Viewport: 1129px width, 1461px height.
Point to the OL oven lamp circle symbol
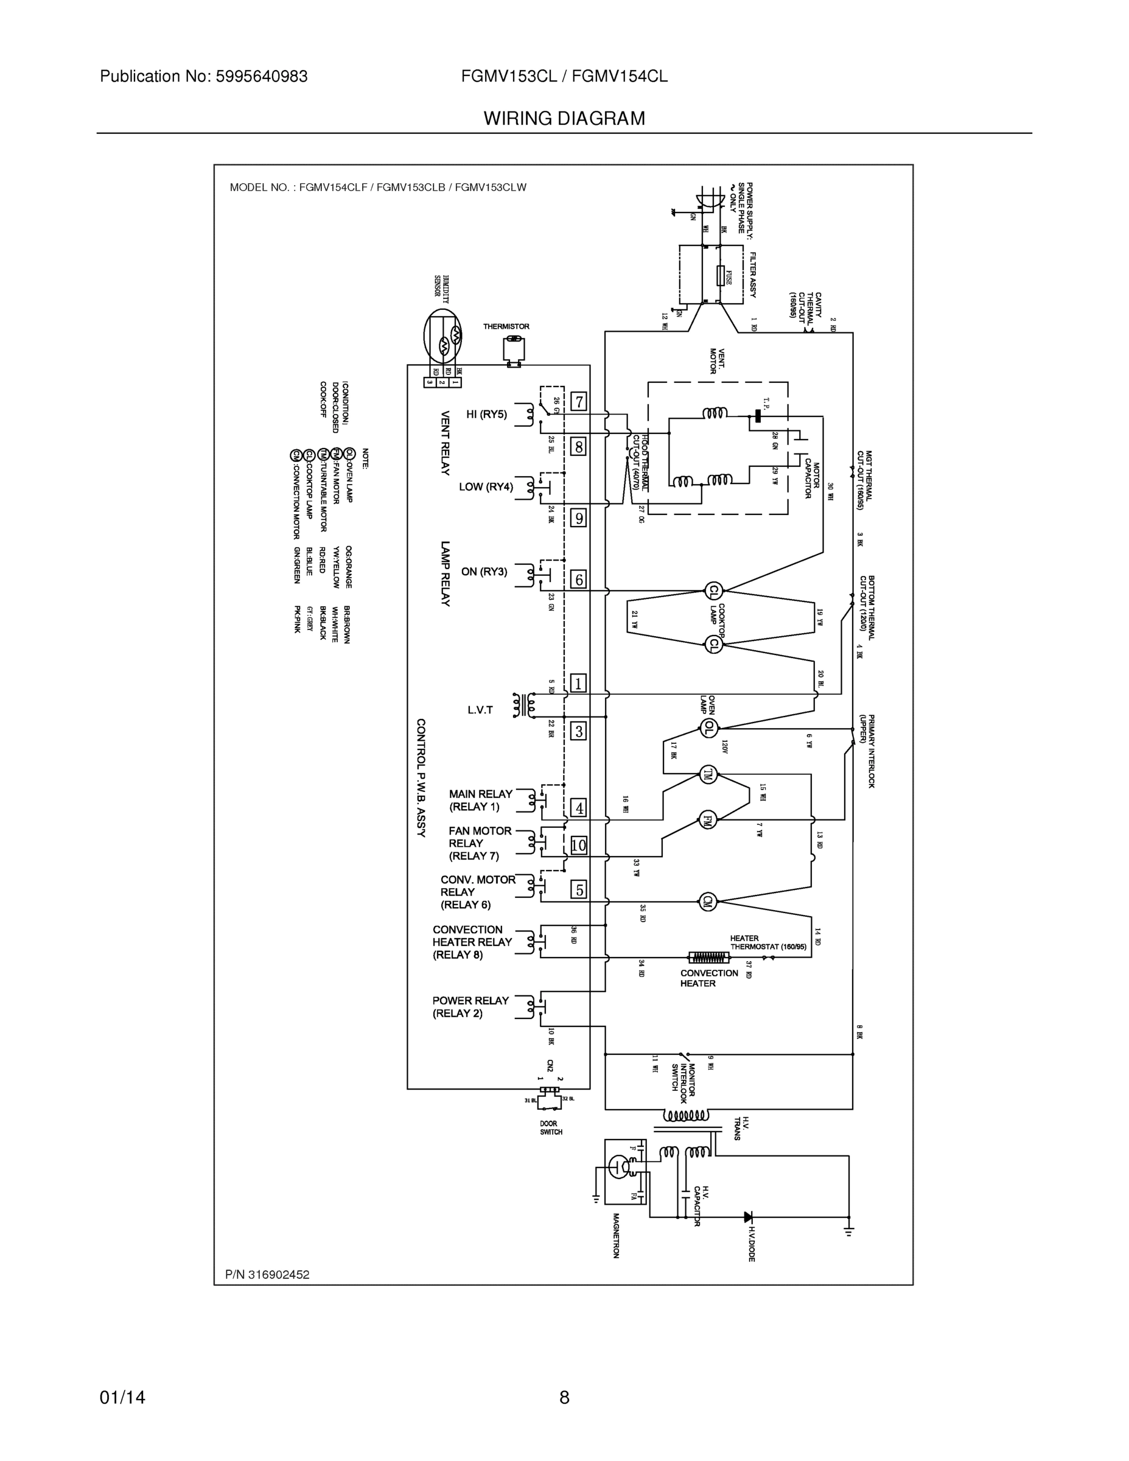pos(708,729)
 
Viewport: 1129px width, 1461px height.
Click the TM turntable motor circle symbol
pos(708,775)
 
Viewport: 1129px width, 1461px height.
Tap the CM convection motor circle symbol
pos(707,901)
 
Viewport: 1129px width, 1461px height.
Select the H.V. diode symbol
pos(749,1217)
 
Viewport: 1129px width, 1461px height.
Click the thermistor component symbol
pos(514,351)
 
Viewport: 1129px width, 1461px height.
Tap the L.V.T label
pos(480,710)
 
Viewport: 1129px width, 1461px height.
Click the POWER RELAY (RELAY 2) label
pos(470,1006)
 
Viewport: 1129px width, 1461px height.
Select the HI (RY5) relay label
pos(486,414)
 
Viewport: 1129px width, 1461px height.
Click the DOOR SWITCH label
pos(551,1128)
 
